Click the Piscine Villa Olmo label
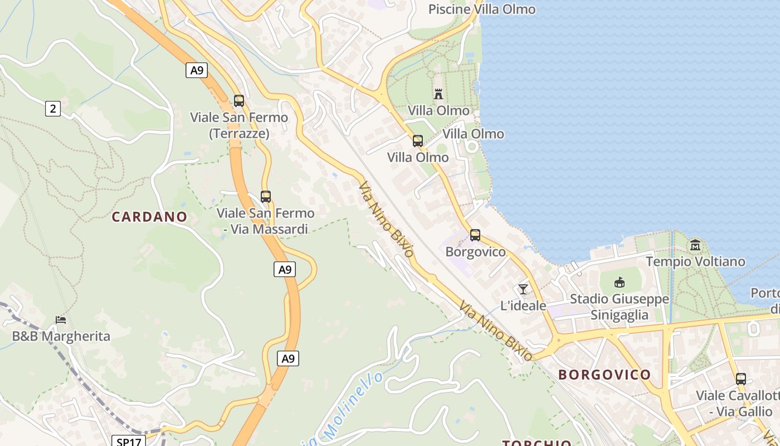click(x=481, y=9)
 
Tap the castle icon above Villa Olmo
click(x=438, y=94)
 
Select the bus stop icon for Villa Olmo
click(x=418, y=141)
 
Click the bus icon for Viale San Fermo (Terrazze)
click(x=239, y=101)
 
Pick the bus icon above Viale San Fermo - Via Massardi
click(x=266, y=197)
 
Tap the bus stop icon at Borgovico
click(x=475, y=235)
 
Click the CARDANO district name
click(x=149, y=217)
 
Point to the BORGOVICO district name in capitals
click(x=604, y=375)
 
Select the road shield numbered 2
click(x=53, y=109)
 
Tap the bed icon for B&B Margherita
click(x=61, y=320)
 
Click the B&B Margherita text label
click(x=61, y=336)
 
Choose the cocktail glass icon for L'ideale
click(x=523, y=289)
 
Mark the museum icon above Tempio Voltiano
click(x=695, y=245)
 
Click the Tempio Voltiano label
click(x=695, y=261)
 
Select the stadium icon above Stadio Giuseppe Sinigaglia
click(x=619, y=282)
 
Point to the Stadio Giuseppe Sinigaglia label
click(x=619, y=307)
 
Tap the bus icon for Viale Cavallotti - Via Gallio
click(x=741, y=379)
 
